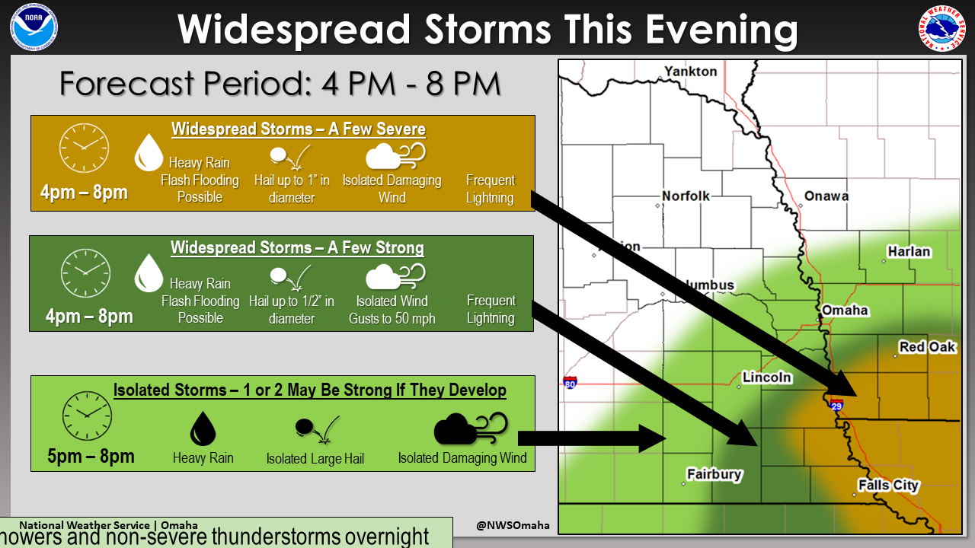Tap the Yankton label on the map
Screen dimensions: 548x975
pyautogui.click(x=691, y=72)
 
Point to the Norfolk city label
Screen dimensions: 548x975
pyautogui.click(x=686, y=196)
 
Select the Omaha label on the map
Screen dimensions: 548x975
pyautogui.click(x=845, y=311)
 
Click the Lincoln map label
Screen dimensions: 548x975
pyautogui.click(x=767, y=378)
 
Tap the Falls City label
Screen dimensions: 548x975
pyautogui.click(x=888, y=486)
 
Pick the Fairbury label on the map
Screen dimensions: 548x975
pyautogui.click(x=714, y=474)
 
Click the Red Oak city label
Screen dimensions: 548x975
pyautogui.click(x=927, y=347)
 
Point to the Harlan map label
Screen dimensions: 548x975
pyautogui.click(x=909, y=252)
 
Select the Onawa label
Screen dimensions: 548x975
pyautogui.click(x=826, y=196)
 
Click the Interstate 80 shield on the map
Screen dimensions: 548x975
pyautogui.click(x=570, y=382)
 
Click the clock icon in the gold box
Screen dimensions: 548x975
pyautogui.click(x=84, y=148)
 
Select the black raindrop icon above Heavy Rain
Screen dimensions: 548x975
pyautogui.click(x=202, y=428)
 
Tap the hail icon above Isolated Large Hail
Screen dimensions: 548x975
pyautogui.click(x=314, y=429)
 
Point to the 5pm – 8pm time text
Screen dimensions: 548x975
pyautogui.click(x=91, y=457)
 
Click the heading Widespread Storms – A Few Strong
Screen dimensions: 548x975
pyautogui.click(x=297, y=248)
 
